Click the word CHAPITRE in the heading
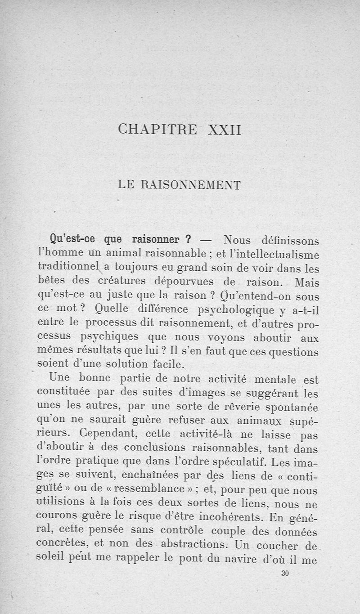(x=157, y=130)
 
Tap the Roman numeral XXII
(x=225, y=130)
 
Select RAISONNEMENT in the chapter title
(x=192, y=184)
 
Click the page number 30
(x=283, y=573)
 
